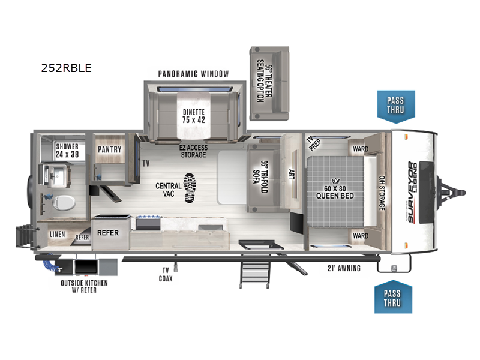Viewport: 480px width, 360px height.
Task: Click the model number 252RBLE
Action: click(66, 68)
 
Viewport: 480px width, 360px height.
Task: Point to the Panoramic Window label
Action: click(193, 74)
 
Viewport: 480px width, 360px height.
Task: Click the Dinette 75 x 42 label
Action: click(194, 115)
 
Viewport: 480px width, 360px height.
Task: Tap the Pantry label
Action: click(110, 149)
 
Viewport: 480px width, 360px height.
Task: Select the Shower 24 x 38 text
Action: click(68, 150)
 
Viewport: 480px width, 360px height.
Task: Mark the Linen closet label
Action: click(57, 234)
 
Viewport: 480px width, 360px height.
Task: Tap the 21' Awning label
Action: click(344, 268)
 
